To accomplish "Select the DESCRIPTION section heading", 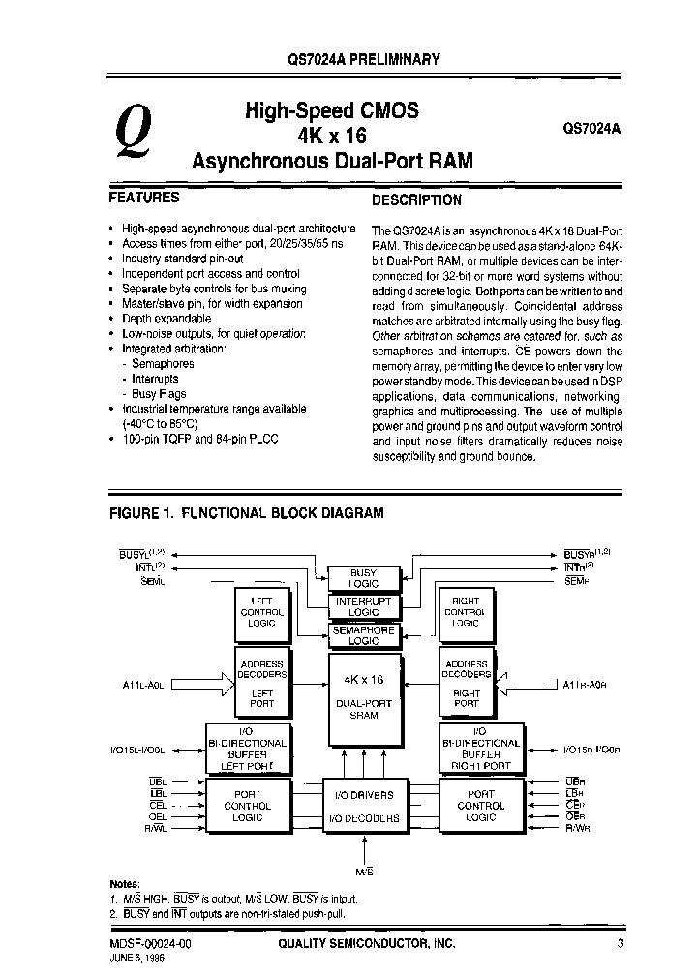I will (x=416, y=200).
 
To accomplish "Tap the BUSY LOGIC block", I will (x=363, y=578).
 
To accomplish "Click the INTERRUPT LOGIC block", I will (x=363, y=606).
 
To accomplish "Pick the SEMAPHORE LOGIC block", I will (x=363, y=635).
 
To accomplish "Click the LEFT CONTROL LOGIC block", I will (x=261, y=612).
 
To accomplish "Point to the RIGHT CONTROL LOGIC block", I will (x=466, y=612).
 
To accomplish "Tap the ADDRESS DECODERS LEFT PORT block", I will (x=261, y=684).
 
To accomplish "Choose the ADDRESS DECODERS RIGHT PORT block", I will (x=466, y=684).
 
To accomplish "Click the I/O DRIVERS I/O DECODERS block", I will (x=363, y=807).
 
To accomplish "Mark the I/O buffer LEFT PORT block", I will (x=248, y=750).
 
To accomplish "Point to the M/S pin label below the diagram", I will (x=364, y=873).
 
